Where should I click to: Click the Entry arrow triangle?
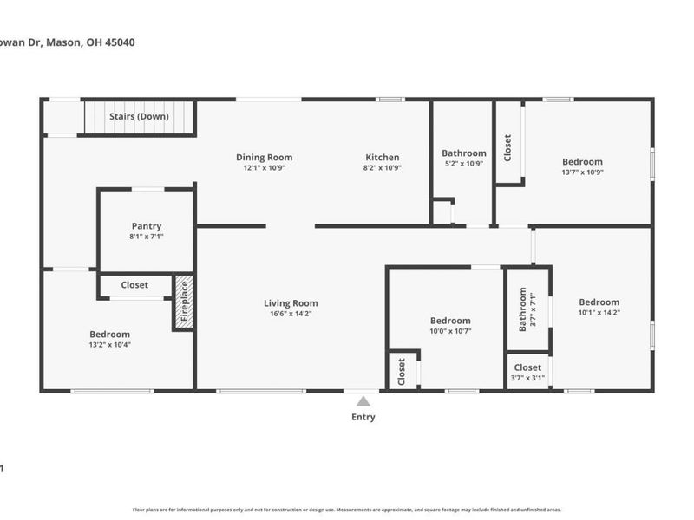tap(363, 400)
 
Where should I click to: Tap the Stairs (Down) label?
tap(139, 116)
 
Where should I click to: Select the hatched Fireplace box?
tap(183, 302)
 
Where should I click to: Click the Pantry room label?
tap(147, 226)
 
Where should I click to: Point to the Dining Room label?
tap(265, 158)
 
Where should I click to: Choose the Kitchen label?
tap(382, 158)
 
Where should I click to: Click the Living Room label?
tap(291, 303)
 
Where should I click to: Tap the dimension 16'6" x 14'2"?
tap(291, 314)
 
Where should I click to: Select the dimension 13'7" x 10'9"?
tap(582, 172)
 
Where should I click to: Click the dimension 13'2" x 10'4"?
tap(109, 344)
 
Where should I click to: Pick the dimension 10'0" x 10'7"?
tap(450, 331)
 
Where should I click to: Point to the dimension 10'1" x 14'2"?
tap(599, 313)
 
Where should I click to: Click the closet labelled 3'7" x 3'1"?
tap(527, 378)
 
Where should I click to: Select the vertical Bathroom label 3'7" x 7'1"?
tap(523, 309)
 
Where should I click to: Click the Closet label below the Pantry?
tap(134, 284)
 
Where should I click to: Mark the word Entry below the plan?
tap(363, 417)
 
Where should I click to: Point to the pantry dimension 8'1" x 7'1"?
tap(147, 237)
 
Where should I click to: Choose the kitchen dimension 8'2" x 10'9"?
tap(382, 168)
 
